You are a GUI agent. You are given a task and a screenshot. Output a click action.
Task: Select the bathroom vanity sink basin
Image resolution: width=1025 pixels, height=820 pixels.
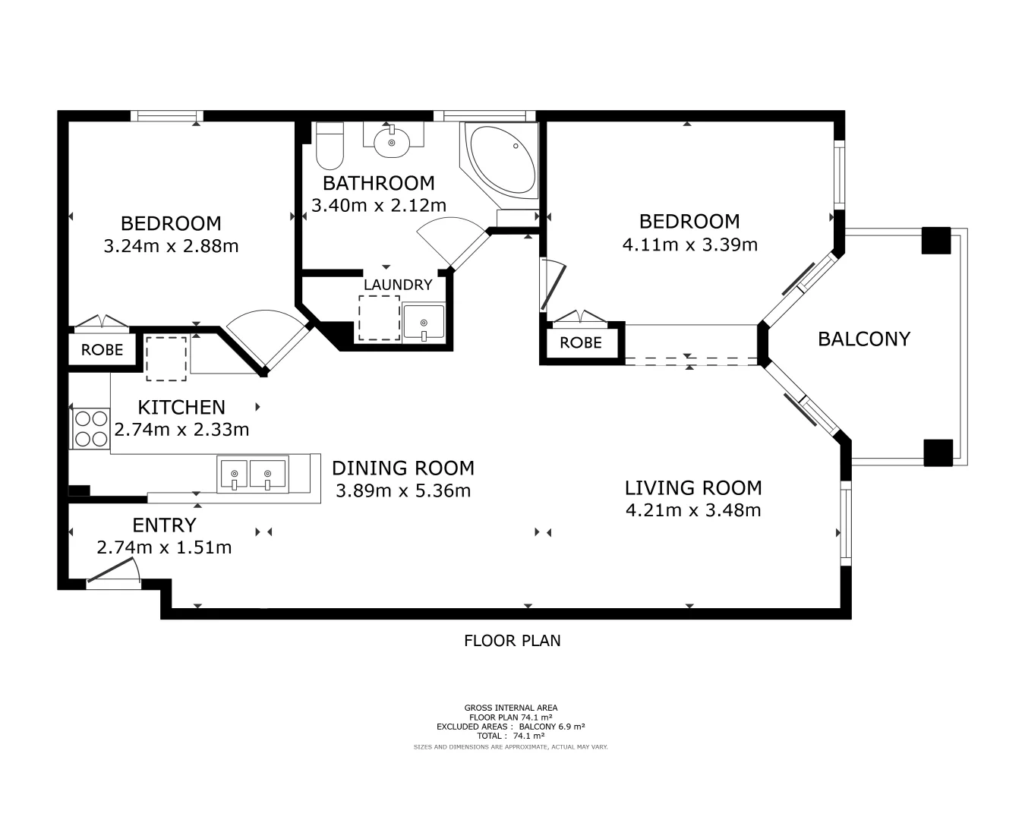[x=393, y=141]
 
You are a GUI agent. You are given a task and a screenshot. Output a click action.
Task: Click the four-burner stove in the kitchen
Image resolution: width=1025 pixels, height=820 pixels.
[x=90, y=428]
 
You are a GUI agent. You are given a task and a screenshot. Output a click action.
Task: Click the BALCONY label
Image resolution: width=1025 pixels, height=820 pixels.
[x=863, y=339]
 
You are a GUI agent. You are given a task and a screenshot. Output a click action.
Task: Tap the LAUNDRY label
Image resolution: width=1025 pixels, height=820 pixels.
[x=398, y=285]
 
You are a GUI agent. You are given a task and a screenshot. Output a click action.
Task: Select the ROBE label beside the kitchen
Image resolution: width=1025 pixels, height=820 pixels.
[x=102, y=350]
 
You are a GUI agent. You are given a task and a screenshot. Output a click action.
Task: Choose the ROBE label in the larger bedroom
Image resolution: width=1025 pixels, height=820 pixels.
[x=581, y=342]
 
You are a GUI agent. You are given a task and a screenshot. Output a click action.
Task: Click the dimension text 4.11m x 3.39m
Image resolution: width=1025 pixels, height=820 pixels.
[x=689, y=244]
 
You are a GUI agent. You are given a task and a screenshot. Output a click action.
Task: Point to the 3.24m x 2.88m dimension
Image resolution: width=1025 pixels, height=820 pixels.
[x=171, y=246]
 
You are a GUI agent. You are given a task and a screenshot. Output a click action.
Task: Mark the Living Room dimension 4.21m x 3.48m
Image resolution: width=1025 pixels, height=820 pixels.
[x=692, y=510]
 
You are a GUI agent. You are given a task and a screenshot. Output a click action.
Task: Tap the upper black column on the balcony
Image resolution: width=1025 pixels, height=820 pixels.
[x=935, y=241]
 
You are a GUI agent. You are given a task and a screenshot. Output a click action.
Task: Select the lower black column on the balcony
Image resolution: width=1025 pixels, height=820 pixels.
[x=938, y=453]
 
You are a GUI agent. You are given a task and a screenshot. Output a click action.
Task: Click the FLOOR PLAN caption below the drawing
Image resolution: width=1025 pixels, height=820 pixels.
[x=512, y=641]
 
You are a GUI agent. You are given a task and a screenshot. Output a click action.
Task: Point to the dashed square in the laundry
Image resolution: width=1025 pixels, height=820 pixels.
[x=379, y=318]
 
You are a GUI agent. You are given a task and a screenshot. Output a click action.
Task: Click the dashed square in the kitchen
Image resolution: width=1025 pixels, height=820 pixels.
[x=166, y=358]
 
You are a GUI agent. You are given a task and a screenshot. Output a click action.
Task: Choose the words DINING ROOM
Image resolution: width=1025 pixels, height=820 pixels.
[x=402, y=468]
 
